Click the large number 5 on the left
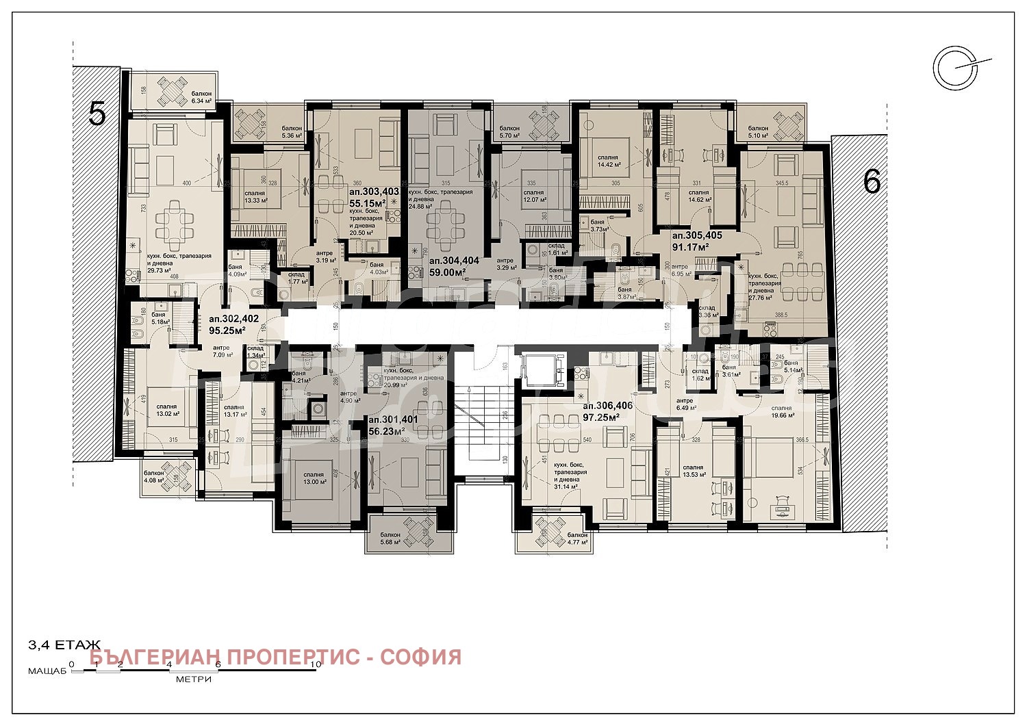point(98,114)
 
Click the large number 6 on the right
point(872,182)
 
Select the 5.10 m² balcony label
point(758,131)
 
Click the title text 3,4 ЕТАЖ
point(64,645)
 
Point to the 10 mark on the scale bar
point(315,664)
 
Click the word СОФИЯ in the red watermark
point(420,657)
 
